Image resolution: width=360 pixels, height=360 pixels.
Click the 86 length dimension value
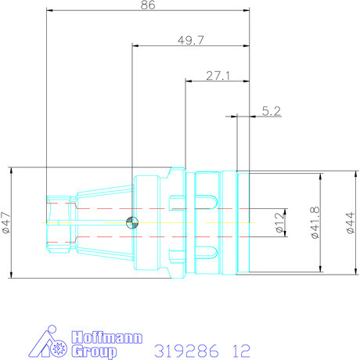coord(148,5)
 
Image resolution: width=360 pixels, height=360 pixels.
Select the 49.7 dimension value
coord(191,41)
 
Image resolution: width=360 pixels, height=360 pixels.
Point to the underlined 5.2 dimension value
coord(272,111)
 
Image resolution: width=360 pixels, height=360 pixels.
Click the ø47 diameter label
coord(6,223)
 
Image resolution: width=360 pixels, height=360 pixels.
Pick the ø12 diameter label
coord(279,224)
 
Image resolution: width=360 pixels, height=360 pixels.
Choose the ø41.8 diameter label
coord(315,224)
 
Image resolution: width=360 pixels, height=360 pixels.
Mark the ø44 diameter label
coord(350,224)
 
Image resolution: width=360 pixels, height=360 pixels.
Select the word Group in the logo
coord(94,351)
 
